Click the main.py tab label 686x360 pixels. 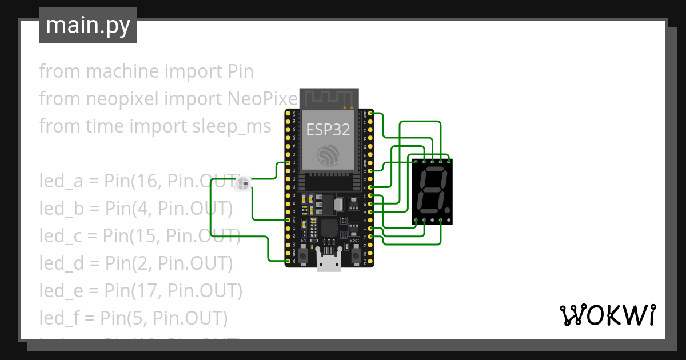coord(88,25)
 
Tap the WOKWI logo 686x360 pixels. coord(607,315)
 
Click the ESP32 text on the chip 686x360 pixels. coord(329,129)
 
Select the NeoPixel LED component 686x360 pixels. coord(244,183)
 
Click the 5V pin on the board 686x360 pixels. coord(288,261)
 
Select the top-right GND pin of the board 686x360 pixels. coord(371,113)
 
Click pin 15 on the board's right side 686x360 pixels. coord(371,237)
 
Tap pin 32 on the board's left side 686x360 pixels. coord(288,162)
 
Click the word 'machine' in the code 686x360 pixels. coord(122,71)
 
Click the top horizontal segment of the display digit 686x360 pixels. coord(433,171)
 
